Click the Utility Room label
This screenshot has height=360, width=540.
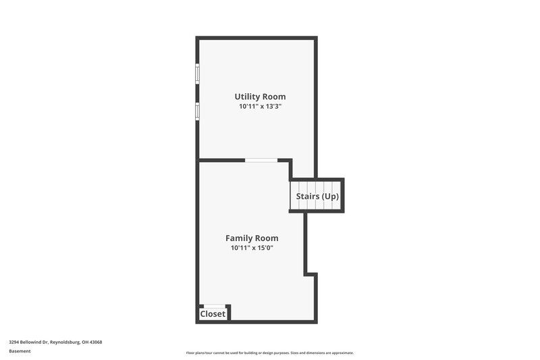pos(260,97)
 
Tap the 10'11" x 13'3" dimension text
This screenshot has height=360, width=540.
pos(260,107)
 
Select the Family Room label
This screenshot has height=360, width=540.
pos(252,238)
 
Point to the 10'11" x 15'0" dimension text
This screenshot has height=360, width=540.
pos(252,248)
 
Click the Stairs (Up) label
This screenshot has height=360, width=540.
pos(317,197)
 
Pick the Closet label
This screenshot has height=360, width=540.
pos(213,314)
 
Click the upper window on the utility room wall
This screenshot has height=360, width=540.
pos(198,73)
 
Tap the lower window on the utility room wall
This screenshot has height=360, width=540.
pos(198,110)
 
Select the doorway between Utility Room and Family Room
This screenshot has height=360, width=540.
pos(261,160)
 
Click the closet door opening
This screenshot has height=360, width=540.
pos(215,306)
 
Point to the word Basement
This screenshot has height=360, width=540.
pos(20,351)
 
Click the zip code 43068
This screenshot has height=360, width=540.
pos(95,342)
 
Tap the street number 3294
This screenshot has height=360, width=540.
pos(15,342)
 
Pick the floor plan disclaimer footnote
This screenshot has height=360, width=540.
pos(270,353)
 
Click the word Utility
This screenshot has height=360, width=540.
pos(247,97)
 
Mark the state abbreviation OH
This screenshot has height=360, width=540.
pos(84,342)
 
